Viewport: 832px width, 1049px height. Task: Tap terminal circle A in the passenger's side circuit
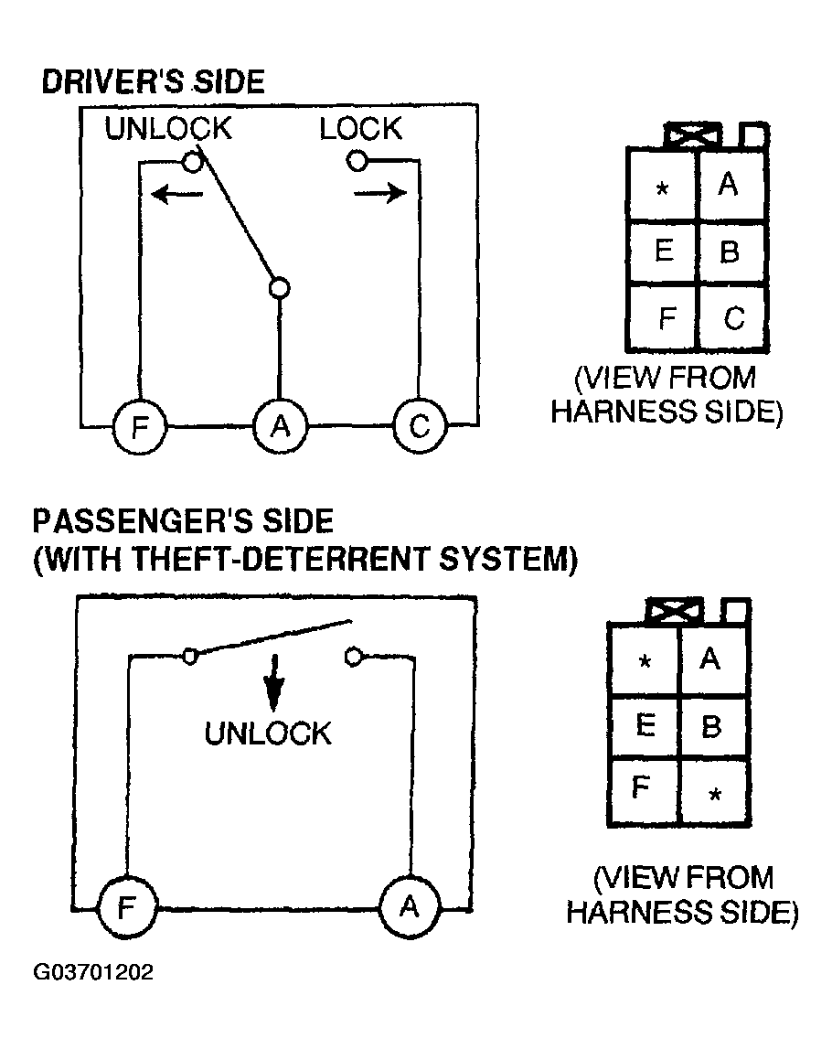coord(409,907)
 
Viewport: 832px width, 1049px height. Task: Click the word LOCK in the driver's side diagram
coord(360,129)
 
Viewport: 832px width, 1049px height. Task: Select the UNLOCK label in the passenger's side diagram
coord(267,733)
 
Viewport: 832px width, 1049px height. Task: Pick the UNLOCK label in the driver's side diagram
coord(168,129)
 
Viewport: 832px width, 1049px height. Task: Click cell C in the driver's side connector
coord(733,317)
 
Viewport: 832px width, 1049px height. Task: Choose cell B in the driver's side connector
coord(730,251)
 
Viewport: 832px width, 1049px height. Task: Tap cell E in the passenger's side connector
coord(645,726)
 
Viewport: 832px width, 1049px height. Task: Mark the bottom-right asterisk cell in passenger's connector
coord(715,793)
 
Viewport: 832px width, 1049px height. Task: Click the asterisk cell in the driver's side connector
coord(663,187)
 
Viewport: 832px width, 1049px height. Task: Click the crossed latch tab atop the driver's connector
coord(692,136)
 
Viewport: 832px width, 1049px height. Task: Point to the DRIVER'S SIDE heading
coord(153,82)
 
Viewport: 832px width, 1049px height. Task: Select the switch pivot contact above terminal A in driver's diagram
coord(280,289)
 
